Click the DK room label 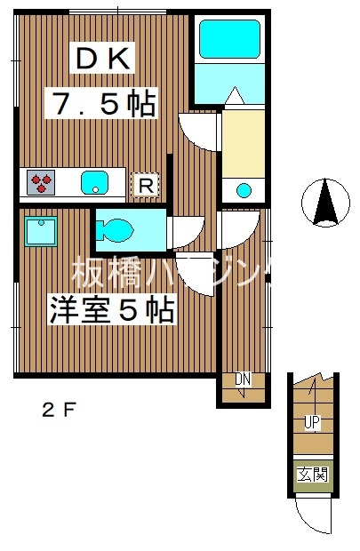point(102,61)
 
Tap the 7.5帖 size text point(102,104)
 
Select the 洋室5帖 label point(110,311)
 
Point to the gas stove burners point(42,183)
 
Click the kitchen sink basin point(93,183)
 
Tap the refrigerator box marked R point(145,186)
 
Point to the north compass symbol point(324,202)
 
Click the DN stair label point(243,381)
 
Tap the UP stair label point(312,421)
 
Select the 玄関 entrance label point(312,474)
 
